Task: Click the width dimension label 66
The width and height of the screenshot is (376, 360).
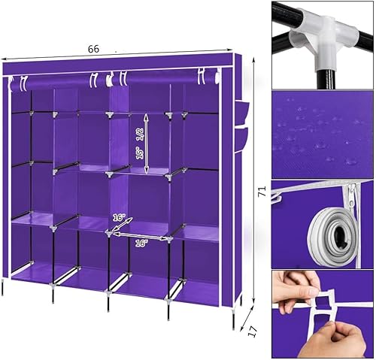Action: [x=93, y=49]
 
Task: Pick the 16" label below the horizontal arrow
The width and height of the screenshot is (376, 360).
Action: [x=141, y=244]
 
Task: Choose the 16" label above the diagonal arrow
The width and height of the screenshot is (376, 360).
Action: [x=118, y=217]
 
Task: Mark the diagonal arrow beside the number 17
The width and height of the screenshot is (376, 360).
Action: [x=246, y=316]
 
